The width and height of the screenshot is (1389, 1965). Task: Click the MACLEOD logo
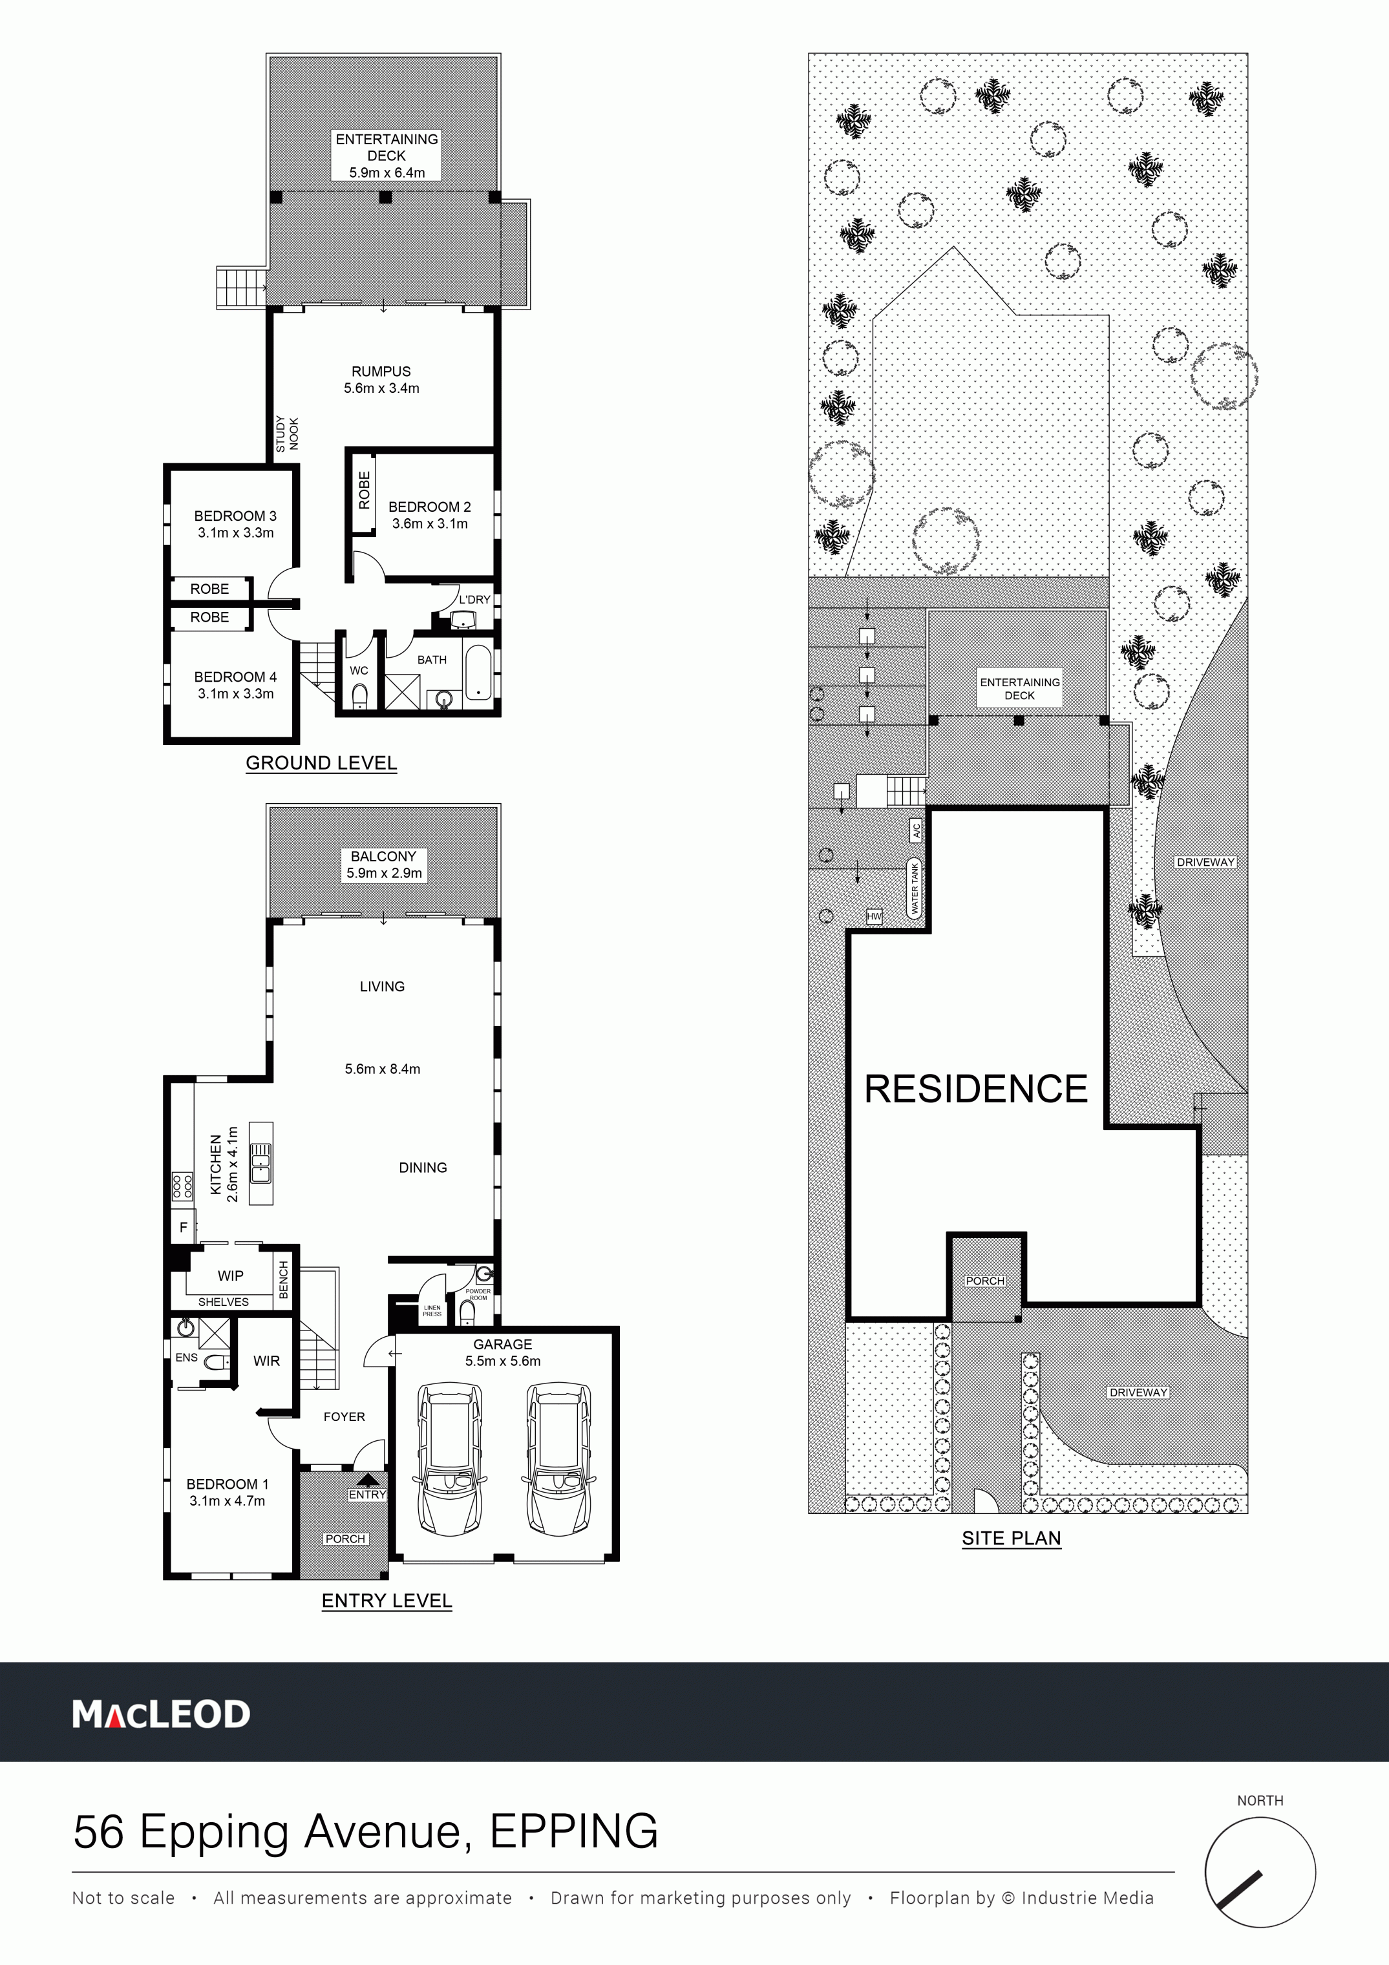tap(161, 1714)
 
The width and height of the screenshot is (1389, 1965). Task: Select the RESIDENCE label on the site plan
tap(975, 1089)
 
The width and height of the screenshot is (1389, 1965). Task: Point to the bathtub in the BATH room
tap(478, 673)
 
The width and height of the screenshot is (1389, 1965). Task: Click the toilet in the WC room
tap(359, 695)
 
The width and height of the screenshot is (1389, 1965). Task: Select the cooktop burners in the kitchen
tap(182, 1185)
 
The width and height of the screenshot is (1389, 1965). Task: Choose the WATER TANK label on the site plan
tap(914, 889)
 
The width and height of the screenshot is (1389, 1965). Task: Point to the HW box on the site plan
tap(874, 917)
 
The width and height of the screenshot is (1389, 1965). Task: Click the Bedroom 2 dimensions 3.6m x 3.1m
tap(430, 524)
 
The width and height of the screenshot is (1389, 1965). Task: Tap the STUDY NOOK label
tap(288, 434)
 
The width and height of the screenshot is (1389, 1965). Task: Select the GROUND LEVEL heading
tap(321, 762)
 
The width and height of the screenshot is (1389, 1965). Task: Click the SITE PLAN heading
tap(1012, 1538)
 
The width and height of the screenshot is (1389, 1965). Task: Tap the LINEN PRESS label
tap(432, 1310)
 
